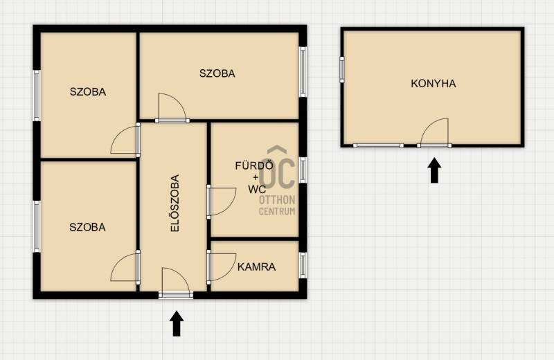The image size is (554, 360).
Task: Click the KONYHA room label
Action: tap(434, 84)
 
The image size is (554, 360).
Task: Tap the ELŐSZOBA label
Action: tap(175, 203)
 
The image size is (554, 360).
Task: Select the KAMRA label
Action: tap(256, 267)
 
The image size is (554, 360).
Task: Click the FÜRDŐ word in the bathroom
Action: tap(254, 165)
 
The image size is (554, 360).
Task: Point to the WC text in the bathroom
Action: tap(257, 190)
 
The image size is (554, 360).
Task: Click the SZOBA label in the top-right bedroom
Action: tap(217, 73)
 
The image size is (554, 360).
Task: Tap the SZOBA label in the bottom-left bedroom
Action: tap(87, 227)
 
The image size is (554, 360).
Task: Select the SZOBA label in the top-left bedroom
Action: tap(88, 92)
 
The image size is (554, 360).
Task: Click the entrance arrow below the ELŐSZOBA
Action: tap(177, 323)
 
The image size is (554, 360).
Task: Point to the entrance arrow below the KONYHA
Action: tap(434, 170)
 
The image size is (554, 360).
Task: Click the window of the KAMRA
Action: tap(303, 265)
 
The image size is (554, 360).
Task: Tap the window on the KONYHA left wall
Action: tap(342, 70)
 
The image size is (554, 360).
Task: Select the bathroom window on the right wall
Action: tap(303, 170)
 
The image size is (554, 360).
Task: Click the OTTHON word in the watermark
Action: tap(277, 200)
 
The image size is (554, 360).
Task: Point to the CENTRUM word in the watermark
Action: tap(277, 211)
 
